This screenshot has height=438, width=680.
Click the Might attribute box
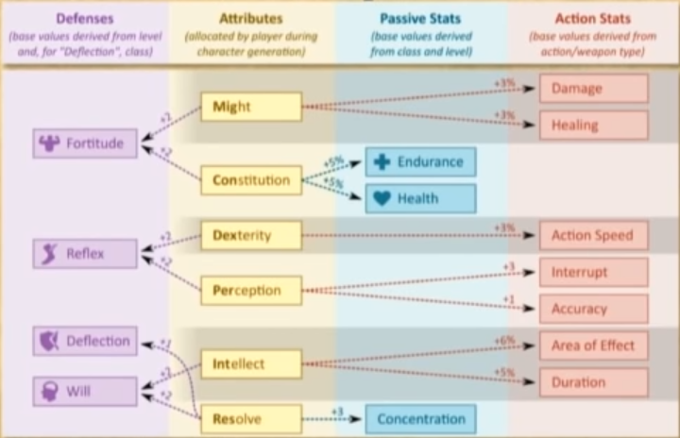coord(251,107)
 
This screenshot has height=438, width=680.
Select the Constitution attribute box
coord(251,180)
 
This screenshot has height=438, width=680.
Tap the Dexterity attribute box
coord(251,235)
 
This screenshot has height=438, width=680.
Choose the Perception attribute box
coord(251,291)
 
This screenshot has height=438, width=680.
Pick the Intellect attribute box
coord(251,363)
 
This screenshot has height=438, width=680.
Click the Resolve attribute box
coord(251,418)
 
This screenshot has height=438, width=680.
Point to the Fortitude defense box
coord(85,143)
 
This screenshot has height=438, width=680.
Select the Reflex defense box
coord(85,253)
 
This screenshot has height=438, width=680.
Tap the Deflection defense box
coord(85,341)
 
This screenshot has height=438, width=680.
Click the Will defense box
coord(85,390)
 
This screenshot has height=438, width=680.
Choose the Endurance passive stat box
coord(420,161)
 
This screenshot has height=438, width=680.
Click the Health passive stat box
coord(420,198)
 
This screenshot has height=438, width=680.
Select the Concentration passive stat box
coord(420,418)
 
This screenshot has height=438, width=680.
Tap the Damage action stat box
coord(593,89)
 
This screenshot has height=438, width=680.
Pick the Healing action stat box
coord(593,125)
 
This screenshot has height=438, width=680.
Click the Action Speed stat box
coord(593,235)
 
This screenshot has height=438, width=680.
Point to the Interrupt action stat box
coord(593,272)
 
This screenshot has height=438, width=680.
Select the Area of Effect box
coord(593,345)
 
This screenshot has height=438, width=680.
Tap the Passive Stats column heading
coord(421,18)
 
